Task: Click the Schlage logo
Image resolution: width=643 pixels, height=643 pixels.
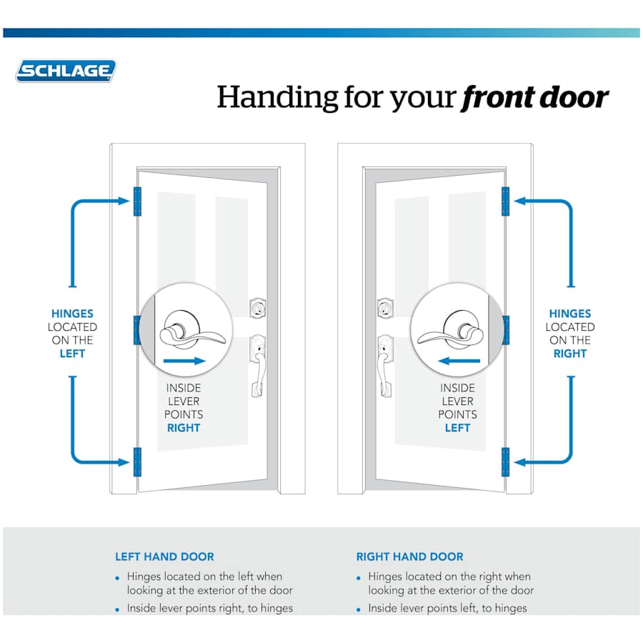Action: (x=66, y=71)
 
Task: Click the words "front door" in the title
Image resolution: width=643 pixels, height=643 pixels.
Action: (x=535, y=97)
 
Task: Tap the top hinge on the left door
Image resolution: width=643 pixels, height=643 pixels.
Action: (x=138, y=201)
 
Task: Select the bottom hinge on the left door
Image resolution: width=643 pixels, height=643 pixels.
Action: (x=138, y=462)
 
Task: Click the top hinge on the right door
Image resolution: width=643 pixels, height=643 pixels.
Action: (x=505, y=201)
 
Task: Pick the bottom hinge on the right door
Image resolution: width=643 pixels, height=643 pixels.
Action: (x=505, y=462)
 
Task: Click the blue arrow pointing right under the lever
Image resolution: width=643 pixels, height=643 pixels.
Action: (x=184, y=362)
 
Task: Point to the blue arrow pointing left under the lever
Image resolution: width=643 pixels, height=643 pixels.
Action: (x=459, y=362)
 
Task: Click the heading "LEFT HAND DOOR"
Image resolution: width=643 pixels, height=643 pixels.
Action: (x=164, y=557)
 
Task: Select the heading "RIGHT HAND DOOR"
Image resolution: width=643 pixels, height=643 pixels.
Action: (x=409, y=557)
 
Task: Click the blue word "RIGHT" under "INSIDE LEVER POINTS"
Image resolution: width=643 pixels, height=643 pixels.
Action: (x=184, y=428)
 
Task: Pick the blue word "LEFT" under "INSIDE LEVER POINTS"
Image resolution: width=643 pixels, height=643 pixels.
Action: (x=457, y=428)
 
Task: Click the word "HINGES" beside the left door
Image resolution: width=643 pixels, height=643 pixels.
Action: (x=72, y=314)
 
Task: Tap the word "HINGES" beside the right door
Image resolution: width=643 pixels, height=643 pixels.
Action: (x=570, y=314)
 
